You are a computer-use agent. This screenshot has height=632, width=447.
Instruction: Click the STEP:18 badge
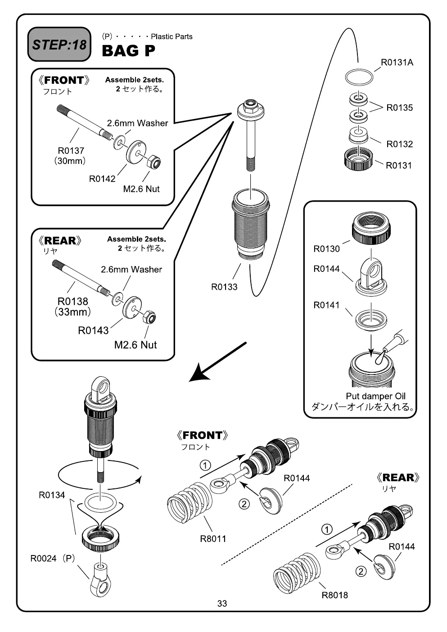point(59,44)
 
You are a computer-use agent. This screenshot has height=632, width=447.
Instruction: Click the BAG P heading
point(128,51)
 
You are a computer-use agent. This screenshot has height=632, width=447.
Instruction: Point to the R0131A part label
point(397,63)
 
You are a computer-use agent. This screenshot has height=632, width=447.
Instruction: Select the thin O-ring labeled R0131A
point(359,77)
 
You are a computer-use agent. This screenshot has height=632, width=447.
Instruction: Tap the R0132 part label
point(399,144)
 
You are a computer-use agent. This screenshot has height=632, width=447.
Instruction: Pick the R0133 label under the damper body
point(224,287)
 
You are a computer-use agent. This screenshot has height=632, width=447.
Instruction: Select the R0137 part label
point(71,151)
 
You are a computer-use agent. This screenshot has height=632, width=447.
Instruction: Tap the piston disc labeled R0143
point(132,307)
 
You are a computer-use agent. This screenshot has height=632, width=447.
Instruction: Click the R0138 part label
point(73,301)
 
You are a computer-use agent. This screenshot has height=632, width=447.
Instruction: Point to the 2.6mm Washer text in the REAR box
point(131,270)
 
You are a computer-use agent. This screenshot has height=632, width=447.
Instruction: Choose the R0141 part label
point(326,305)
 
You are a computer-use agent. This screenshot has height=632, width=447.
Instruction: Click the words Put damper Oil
point(375,396)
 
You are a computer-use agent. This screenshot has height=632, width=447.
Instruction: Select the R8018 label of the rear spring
point(334,595)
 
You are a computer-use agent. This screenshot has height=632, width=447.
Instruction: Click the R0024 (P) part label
point(53,558)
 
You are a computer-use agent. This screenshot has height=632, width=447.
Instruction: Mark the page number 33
point(222,603)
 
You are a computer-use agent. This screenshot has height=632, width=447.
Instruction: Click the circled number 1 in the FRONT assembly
point(205,465)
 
